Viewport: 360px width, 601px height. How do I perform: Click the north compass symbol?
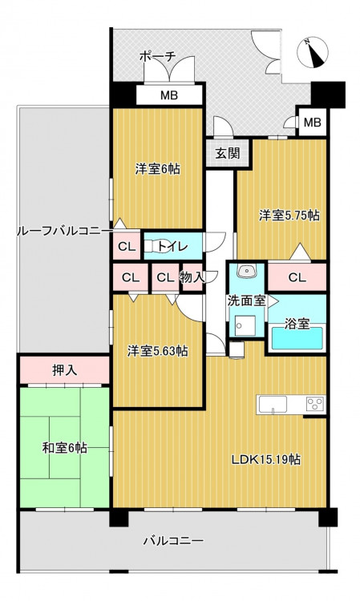(313, 53)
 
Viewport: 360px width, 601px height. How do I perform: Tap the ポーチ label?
(157, 57)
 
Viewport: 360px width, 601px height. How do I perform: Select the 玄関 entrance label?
(228, 153)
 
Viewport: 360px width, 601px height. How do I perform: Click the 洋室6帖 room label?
(158, 168)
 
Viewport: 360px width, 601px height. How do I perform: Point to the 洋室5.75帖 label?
(289, 216)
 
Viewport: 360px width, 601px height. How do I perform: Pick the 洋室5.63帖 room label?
(158, 351)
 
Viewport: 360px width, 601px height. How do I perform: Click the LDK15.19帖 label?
(265, 459)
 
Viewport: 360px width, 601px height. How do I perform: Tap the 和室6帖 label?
(64, 447)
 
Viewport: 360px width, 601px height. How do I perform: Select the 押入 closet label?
(65, 370)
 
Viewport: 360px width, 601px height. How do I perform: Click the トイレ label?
(172, 246)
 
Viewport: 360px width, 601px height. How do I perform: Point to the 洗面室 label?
(246, 300)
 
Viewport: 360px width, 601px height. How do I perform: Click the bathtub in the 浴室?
(297, 338)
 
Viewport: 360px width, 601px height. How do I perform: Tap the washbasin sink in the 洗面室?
(246, 271)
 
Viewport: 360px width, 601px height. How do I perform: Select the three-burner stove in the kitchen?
(315, 404)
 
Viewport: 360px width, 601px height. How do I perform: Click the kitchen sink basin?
(273, 405)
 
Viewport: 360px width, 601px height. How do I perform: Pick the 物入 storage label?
(192, 277)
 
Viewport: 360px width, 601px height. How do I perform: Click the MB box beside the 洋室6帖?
(169, 95)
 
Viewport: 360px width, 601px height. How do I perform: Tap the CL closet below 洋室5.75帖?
(297, 277)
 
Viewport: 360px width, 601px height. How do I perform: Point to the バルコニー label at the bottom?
(173, 541)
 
